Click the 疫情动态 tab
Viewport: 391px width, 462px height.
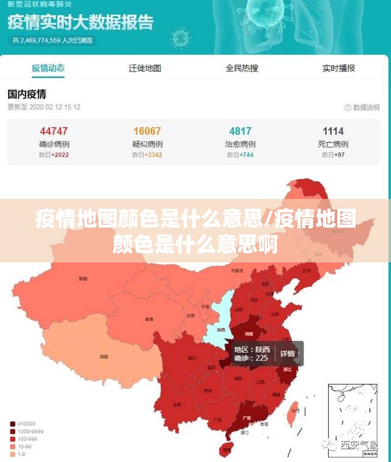pos(48,68)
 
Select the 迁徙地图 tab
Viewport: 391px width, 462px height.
pos(145,68)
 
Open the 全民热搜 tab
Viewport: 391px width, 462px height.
pos(242,68)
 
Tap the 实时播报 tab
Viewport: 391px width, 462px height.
pos(338,68)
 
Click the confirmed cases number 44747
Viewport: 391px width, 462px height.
pos(54,131)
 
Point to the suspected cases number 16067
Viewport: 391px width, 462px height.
pos(147,131)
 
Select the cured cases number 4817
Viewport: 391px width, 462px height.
pos(240,131)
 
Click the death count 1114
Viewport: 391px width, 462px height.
pos(334,131)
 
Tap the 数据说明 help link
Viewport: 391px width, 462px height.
pos(362,107)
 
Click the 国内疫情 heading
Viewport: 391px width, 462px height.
pos(27,95)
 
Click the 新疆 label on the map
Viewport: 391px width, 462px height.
pos(83,279)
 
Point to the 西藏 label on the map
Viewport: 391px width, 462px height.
pos(104,356)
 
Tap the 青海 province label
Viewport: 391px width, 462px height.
pos(149,319)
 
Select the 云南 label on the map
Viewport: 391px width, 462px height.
pos(177,404)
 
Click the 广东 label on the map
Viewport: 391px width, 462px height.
pos(246,418)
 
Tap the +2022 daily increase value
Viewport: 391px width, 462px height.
pos(60,155)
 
